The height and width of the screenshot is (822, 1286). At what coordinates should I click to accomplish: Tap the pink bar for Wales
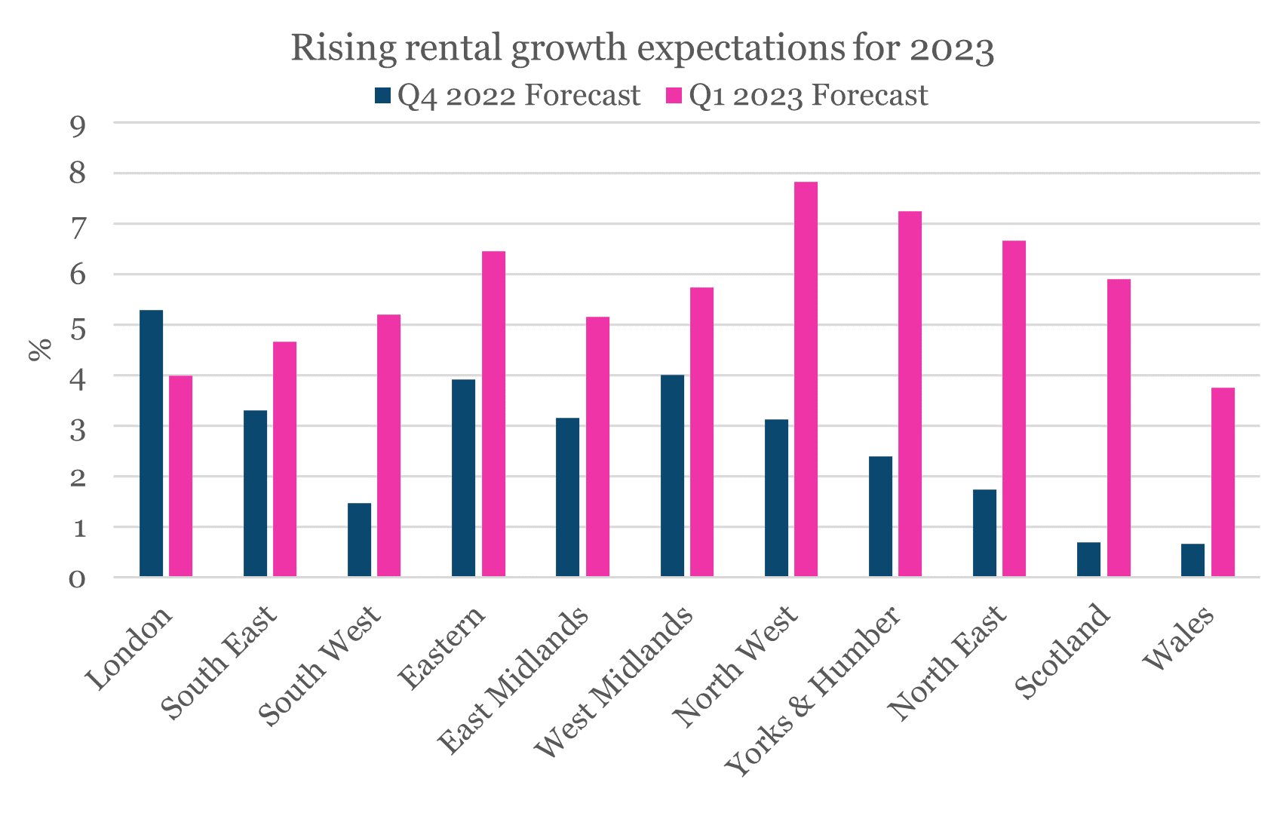(1223, 483)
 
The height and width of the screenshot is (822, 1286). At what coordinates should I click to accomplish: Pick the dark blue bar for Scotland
(1088, 560)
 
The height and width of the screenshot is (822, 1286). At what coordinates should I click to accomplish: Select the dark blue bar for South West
(359, 540)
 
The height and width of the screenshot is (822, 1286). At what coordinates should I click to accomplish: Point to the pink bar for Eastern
(493, 414)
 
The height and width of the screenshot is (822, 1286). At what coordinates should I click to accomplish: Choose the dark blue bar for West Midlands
(672, 476)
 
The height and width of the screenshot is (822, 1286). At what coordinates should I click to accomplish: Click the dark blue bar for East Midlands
(568, 498)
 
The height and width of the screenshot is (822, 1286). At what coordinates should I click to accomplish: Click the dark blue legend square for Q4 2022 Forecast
(383, 96)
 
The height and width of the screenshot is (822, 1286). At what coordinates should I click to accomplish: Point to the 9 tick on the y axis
(78, 124)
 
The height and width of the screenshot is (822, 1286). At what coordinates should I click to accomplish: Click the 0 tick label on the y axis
(78, 579)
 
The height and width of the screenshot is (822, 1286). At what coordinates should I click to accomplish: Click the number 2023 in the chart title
(952, 50)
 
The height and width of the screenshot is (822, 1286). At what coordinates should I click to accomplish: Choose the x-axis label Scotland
(1062, 653)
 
